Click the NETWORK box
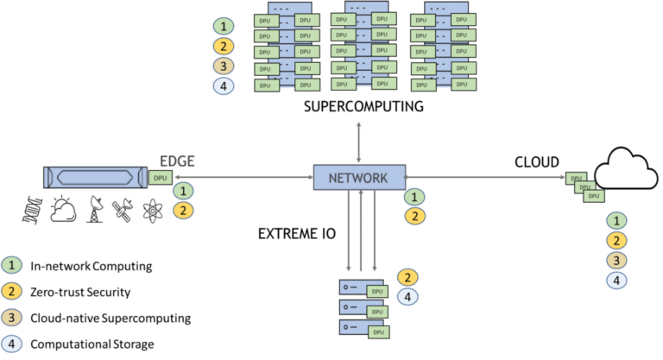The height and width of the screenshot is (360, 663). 359,177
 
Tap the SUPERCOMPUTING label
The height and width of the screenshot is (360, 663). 363,106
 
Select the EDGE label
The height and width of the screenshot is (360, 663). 177,161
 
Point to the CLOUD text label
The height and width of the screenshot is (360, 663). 537,162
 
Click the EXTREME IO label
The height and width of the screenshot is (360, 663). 297,233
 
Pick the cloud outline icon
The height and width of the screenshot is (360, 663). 626,168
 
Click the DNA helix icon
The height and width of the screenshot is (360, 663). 33,210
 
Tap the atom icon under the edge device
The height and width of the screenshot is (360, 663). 153,211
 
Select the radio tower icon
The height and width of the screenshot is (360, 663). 95,209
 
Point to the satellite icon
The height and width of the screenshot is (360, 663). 123,211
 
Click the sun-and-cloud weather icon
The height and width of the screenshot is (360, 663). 63,209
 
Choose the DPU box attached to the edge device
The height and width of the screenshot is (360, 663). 161,178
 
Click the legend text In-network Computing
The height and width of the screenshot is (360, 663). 92,266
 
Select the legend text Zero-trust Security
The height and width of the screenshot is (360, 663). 80,293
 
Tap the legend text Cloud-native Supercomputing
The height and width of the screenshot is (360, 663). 110,318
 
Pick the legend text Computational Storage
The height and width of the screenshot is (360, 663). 92,344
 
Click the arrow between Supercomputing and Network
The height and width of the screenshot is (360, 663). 358,142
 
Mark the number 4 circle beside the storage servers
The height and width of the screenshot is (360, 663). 407,297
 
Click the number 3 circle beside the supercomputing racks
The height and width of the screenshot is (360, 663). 224,66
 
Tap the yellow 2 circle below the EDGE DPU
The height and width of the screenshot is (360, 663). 183,211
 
